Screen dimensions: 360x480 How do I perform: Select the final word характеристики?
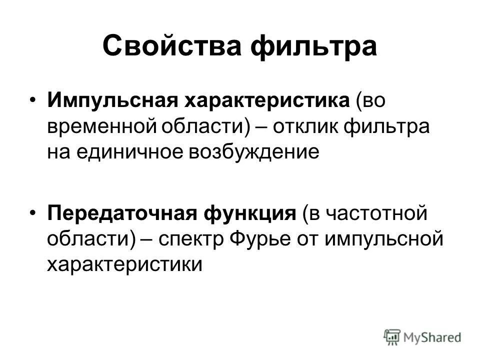tap(124, 264)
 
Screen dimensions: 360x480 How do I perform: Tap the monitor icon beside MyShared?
tap(393, 337)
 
